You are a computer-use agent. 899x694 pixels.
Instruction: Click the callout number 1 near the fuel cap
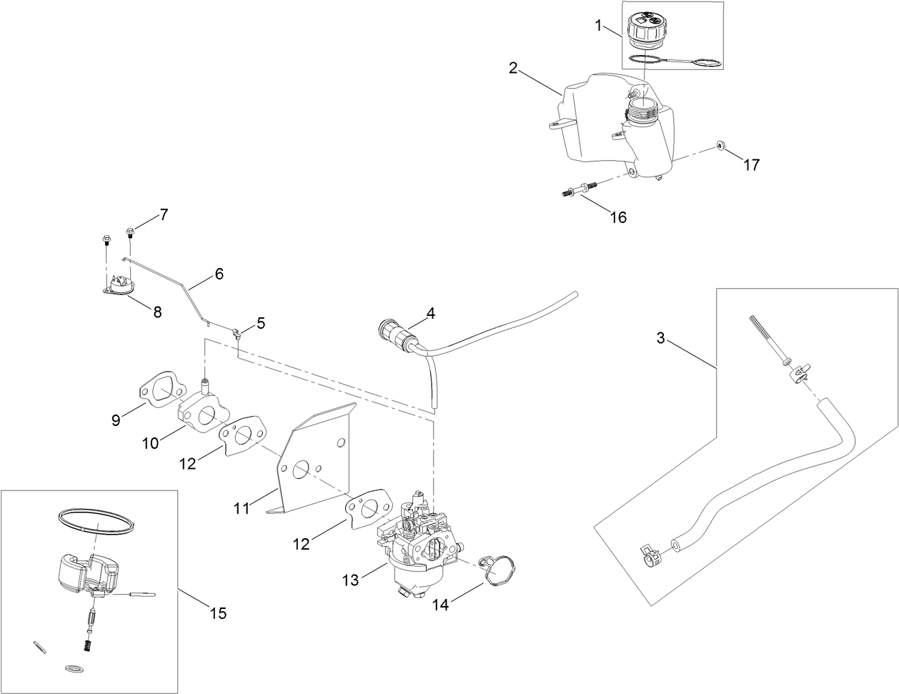pos(599,26)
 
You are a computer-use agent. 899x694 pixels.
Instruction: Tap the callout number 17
pos(750,164)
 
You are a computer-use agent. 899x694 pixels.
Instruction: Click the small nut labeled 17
pos(719,147)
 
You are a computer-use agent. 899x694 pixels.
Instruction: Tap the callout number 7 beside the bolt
pos(164,214)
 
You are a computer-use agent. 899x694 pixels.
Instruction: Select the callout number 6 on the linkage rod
pos(219,273)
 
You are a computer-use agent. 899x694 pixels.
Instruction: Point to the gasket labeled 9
pos(163,388)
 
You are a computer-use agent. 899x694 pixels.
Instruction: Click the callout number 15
pos(217,613)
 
